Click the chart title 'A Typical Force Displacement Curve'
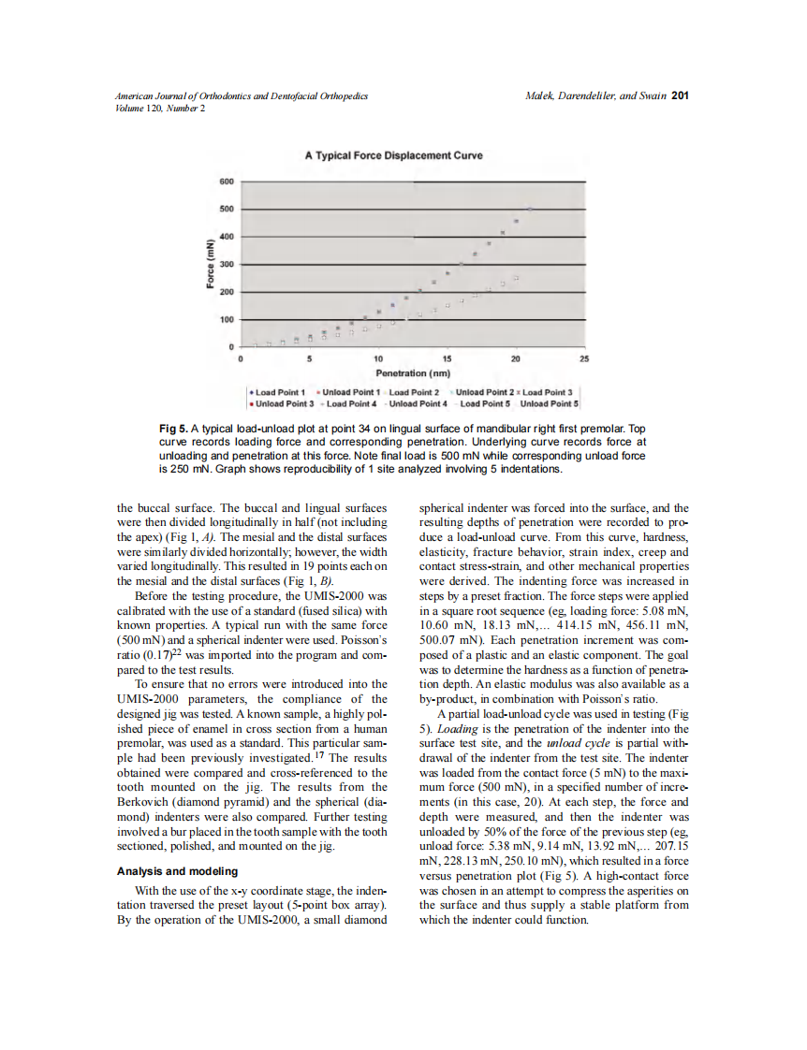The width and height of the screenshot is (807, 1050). click(x=393, y=155)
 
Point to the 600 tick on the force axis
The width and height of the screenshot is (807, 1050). click(x=227, y=181)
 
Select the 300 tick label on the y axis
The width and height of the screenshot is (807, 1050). click(x=227, y=265)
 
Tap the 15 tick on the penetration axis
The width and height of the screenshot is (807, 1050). click(x=447, y=358)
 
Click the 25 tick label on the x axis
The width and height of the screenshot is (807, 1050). click(x=585, y=358)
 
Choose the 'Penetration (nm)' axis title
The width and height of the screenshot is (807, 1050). click(x=414, y=372)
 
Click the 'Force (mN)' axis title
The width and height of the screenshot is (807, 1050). click(x=212, y=265)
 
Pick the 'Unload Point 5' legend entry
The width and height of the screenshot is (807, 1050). click(x=550, y=403)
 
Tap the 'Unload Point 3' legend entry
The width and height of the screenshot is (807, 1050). click(x=283, y=403)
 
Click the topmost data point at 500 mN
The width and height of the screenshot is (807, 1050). click(x=531, y=209)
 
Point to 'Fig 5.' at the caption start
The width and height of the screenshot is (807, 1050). click(x=175, y=429)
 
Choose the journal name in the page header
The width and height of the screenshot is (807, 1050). click(x=241, y=96)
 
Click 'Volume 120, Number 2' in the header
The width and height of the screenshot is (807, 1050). click(x=160, y=108)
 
